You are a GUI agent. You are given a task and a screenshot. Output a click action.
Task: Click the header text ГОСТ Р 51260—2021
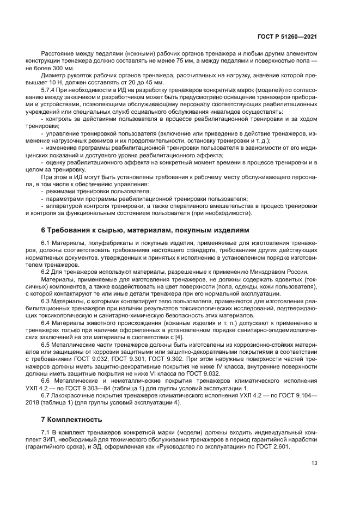pyautogui.click(x=286, y=36)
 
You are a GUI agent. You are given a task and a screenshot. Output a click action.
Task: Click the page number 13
pyautogui.click(x=314, y=463)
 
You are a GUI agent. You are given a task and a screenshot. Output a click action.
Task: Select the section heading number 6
pyautogui.click(x=44, y=230)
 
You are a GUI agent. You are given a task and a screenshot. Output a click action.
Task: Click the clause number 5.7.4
pyautogui.click(x=48, y=89)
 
